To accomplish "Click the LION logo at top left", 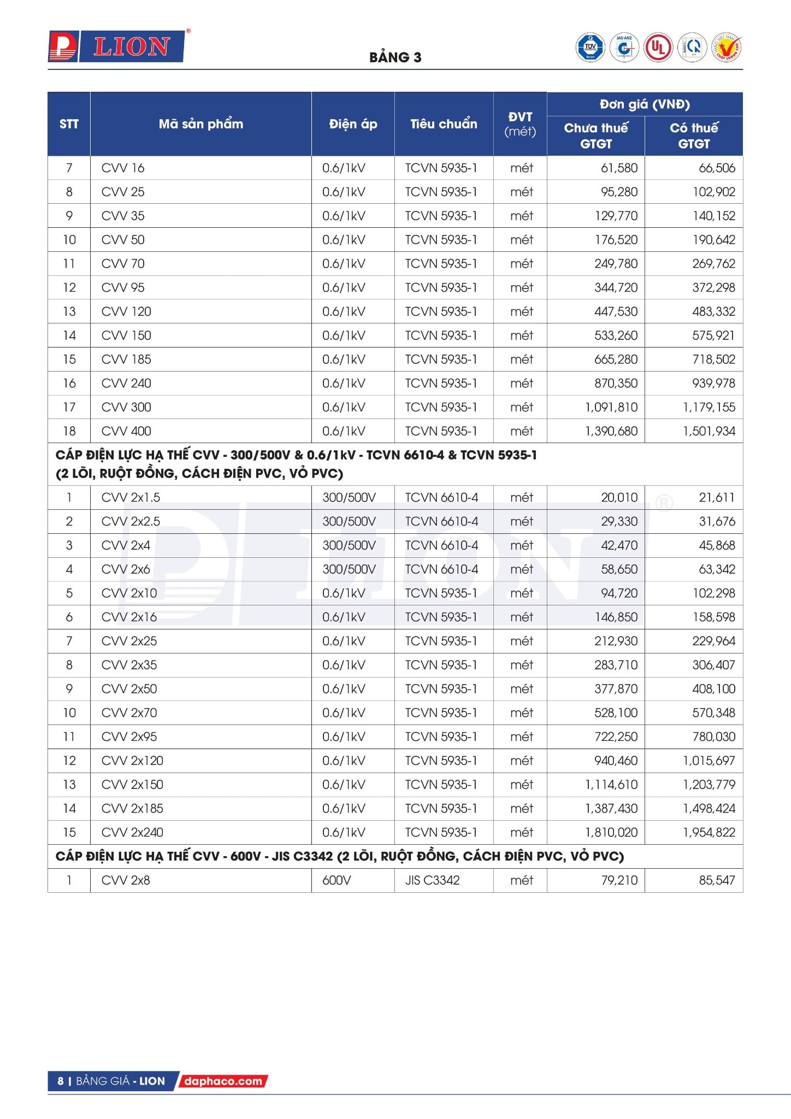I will tap(116, 46).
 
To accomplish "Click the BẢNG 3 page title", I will tap(395, 57).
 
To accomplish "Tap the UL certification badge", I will tap(658, 48).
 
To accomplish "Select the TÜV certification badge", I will tap(590, 48).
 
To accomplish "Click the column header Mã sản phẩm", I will tap(200, 124).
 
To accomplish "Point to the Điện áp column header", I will tap(353, 124).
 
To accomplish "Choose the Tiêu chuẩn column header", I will tap(444, 124).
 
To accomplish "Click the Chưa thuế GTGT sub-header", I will tap(595, 136).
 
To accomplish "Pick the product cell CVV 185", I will tap(126, 360).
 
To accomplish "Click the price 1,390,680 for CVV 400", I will tap(611, 431).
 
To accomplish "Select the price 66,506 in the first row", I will tap(717, 168).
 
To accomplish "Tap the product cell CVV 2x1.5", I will tap(131, 498).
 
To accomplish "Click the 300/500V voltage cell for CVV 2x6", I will tap(349, 569).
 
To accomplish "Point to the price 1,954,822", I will tap(709, 833).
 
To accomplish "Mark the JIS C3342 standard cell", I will tap(432, 880).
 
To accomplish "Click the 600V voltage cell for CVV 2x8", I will tap(337, 880).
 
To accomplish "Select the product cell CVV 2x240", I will tap(132, 833).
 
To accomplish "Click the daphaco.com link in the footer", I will tap(223, 1081).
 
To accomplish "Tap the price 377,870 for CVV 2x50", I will tap(616, 689).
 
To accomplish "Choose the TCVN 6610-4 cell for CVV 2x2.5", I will tap(441, 522).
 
